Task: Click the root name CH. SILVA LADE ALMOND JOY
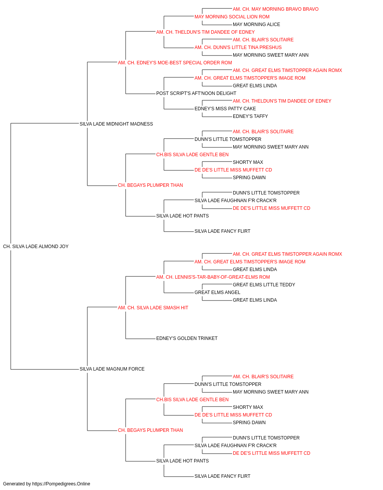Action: pos(36,247)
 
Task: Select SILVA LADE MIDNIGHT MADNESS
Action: pos(116,124)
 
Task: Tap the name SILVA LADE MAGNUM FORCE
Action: pos(112,369)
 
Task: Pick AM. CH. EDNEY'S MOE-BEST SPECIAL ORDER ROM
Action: pos(175,63)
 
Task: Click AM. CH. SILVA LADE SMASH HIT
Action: pos(153,308)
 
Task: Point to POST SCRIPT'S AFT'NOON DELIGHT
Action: pos(196,93)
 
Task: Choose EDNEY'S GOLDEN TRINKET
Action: pos(187,338)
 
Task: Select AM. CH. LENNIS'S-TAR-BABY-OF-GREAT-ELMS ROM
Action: pos(213,277)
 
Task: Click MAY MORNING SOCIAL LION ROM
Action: pos(232,17)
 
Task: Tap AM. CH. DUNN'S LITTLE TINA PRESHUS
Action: pos(238,47)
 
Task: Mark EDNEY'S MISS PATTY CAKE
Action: pos(225,109)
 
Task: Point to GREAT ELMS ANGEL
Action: pos(218,292)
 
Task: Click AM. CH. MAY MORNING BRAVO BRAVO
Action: pos(276,9)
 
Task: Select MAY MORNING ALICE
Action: pos(257,24)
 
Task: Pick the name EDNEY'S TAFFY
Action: pos(250,116)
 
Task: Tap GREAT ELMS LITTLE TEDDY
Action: pos(264,285)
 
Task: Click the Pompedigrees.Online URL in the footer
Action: pos(61,484)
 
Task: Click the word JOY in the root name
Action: pos(64,247)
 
